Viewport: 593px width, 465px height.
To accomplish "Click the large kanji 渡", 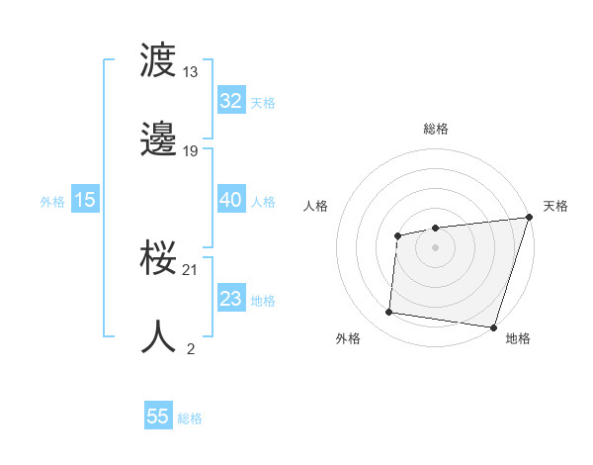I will pos(158,60).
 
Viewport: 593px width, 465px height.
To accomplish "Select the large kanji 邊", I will pos(158,139).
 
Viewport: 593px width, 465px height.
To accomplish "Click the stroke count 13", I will pos(191,71).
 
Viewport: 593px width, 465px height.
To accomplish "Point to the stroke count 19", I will pos(191,150).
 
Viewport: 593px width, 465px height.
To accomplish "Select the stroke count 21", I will pos(191,269).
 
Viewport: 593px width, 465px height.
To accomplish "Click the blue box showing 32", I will pos(230,101).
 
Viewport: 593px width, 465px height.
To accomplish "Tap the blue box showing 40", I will pos(230,200).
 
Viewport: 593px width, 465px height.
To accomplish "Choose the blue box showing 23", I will pos(230,299).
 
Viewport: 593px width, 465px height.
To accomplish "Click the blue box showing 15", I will pos(85,200).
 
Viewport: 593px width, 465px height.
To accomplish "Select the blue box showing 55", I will pos(158,417).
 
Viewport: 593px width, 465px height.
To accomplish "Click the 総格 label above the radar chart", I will pos(435,129).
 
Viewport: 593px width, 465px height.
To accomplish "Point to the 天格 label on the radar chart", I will pos(555,206).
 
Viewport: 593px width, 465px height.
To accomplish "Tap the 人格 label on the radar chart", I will pos(315,206).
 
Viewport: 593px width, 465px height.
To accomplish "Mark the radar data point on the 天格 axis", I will pos(529,218).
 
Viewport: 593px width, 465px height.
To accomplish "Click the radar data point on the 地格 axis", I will pos(493,327).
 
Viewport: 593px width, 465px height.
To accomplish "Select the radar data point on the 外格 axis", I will pos(388,313).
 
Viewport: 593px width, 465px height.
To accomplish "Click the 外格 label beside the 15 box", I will pos(52,201).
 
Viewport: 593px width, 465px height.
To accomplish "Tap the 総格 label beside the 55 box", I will pos(190,418).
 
